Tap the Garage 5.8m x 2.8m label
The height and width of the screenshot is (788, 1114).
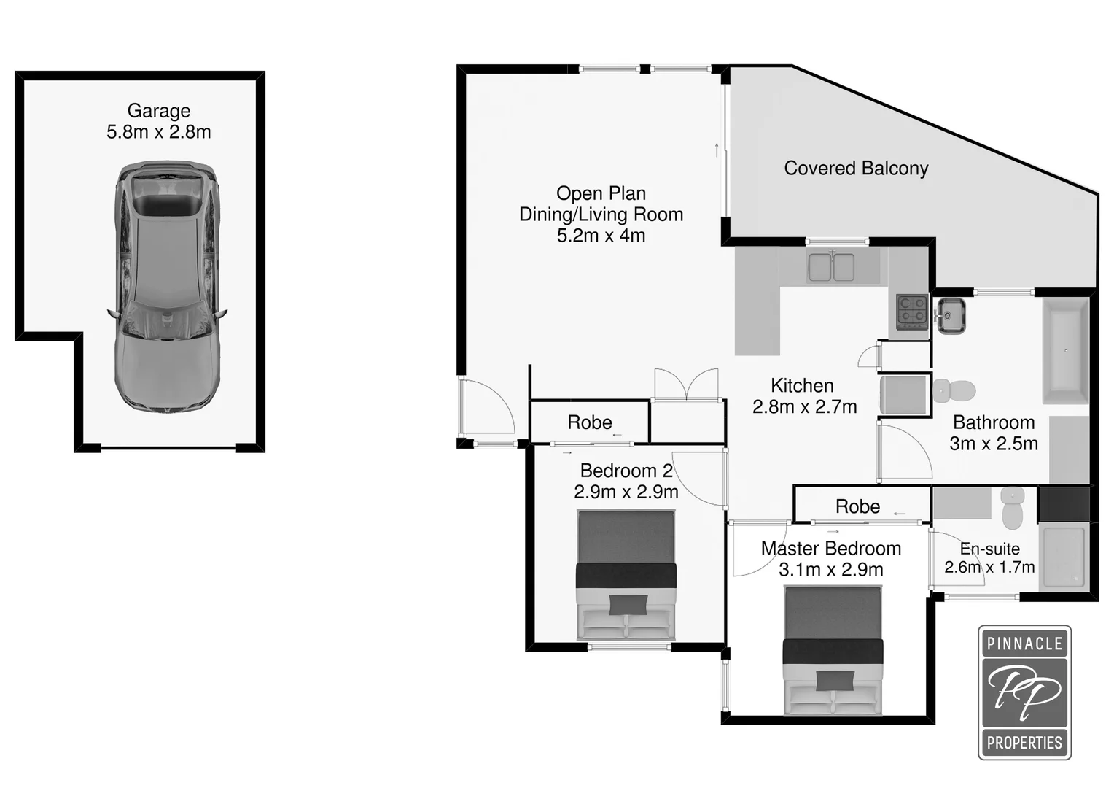pyautogui.click(x=159, y=121)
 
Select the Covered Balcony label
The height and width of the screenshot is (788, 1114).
pyautogui.click(x=856, y=169)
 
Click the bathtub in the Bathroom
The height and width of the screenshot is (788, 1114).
pyautogui.click(x=1066, y=351)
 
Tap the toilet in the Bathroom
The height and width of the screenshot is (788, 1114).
pyautogui.click(x=954, y=390)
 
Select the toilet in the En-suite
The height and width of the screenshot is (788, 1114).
pyautogui.click(x=1013, y=508)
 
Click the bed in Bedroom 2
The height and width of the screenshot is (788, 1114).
pyautogui.click(x=626, y=574)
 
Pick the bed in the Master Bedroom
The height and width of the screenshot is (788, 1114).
pyautogui.click(x=833, y=650)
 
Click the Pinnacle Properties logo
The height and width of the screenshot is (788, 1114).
pyautogui.click(x=1024, y=692)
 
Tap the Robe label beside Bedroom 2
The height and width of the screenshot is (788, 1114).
pyautogui.click(x=590, y=422)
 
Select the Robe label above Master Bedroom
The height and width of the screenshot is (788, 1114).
pyautogui.click(x=857, y=506)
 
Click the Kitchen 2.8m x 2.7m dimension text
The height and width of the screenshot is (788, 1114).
pyautogui.click(x=804, y=407)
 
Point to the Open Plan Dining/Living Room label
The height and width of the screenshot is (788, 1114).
pyautogui.click(x=601, y=215)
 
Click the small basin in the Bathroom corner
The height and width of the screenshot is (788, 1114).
pyautogui.click(x=951, y=316)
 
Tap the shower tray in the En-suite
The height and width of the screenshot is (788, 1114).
pyautogui.click(x=1064, y=557)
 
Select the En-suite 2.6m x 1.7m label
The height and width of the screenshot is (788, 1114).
pyautogui.click(x=989, y=558)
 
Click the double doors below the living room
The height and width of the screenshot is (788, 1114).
pyautogui.click(x=686, y=385)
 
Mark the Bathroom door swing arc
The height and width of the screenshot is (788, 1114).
pyautogui.click(x=905, y=454)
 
